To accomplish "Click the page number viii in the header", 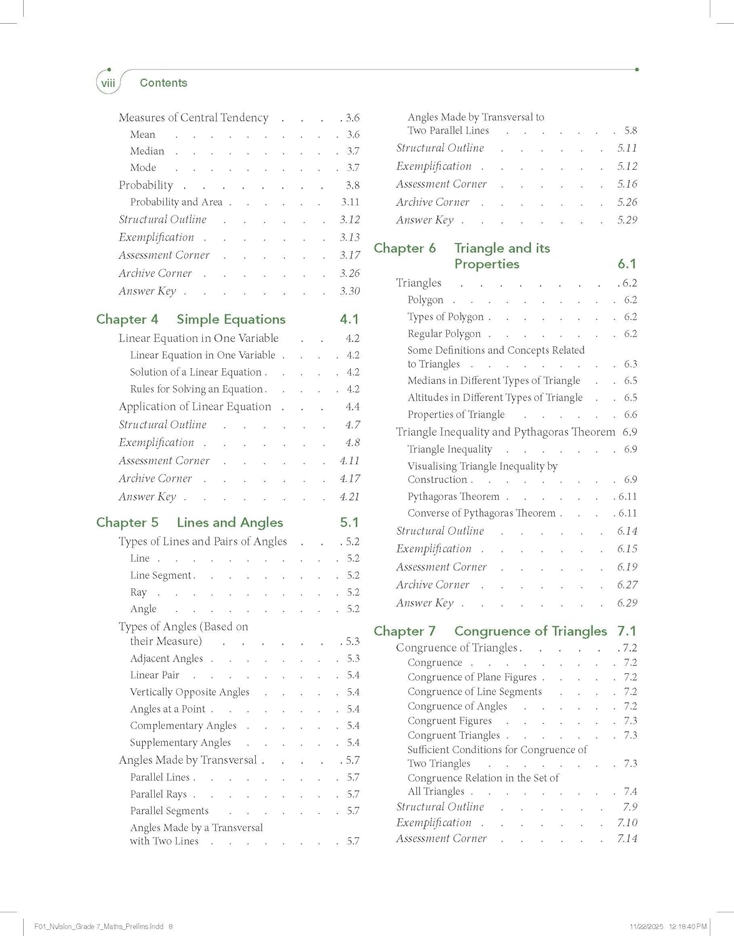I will pos(109,83).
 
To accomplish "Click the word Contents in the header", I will pos(164,83).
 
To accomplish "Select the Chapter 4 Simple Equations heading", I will pos(190,319).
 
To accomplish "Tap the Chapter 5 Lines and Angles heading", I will pos(189,523).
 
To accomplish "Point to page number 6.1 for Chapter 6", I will pos(627,264).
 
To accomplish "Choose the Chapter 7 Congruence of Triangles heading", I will pos(490,631).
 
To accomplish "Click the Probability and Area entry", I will pos(176,202).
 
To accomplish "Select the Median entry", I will pos(147,151).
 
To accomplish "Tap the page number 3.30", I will pos(350,291).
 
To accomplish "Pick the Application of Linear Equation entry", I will pos(195,407).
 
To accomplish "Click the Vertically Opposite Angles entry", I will pos(190,692).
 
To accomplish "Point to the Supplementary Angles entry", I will pos(180,743).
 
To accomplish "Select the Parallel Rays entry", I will pos(159,794).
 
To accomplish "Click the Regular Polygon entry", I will pos(444,334).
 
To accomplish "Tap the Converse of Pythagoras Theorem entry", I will pos(481,513).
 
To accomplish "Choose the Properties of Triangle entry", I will pos(456,415).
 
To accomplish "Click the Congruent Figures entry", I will pos(450,721).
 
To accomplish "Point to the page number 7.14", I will pos(627,839).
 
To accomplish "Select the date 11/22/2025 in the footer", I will pos(647,927).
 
